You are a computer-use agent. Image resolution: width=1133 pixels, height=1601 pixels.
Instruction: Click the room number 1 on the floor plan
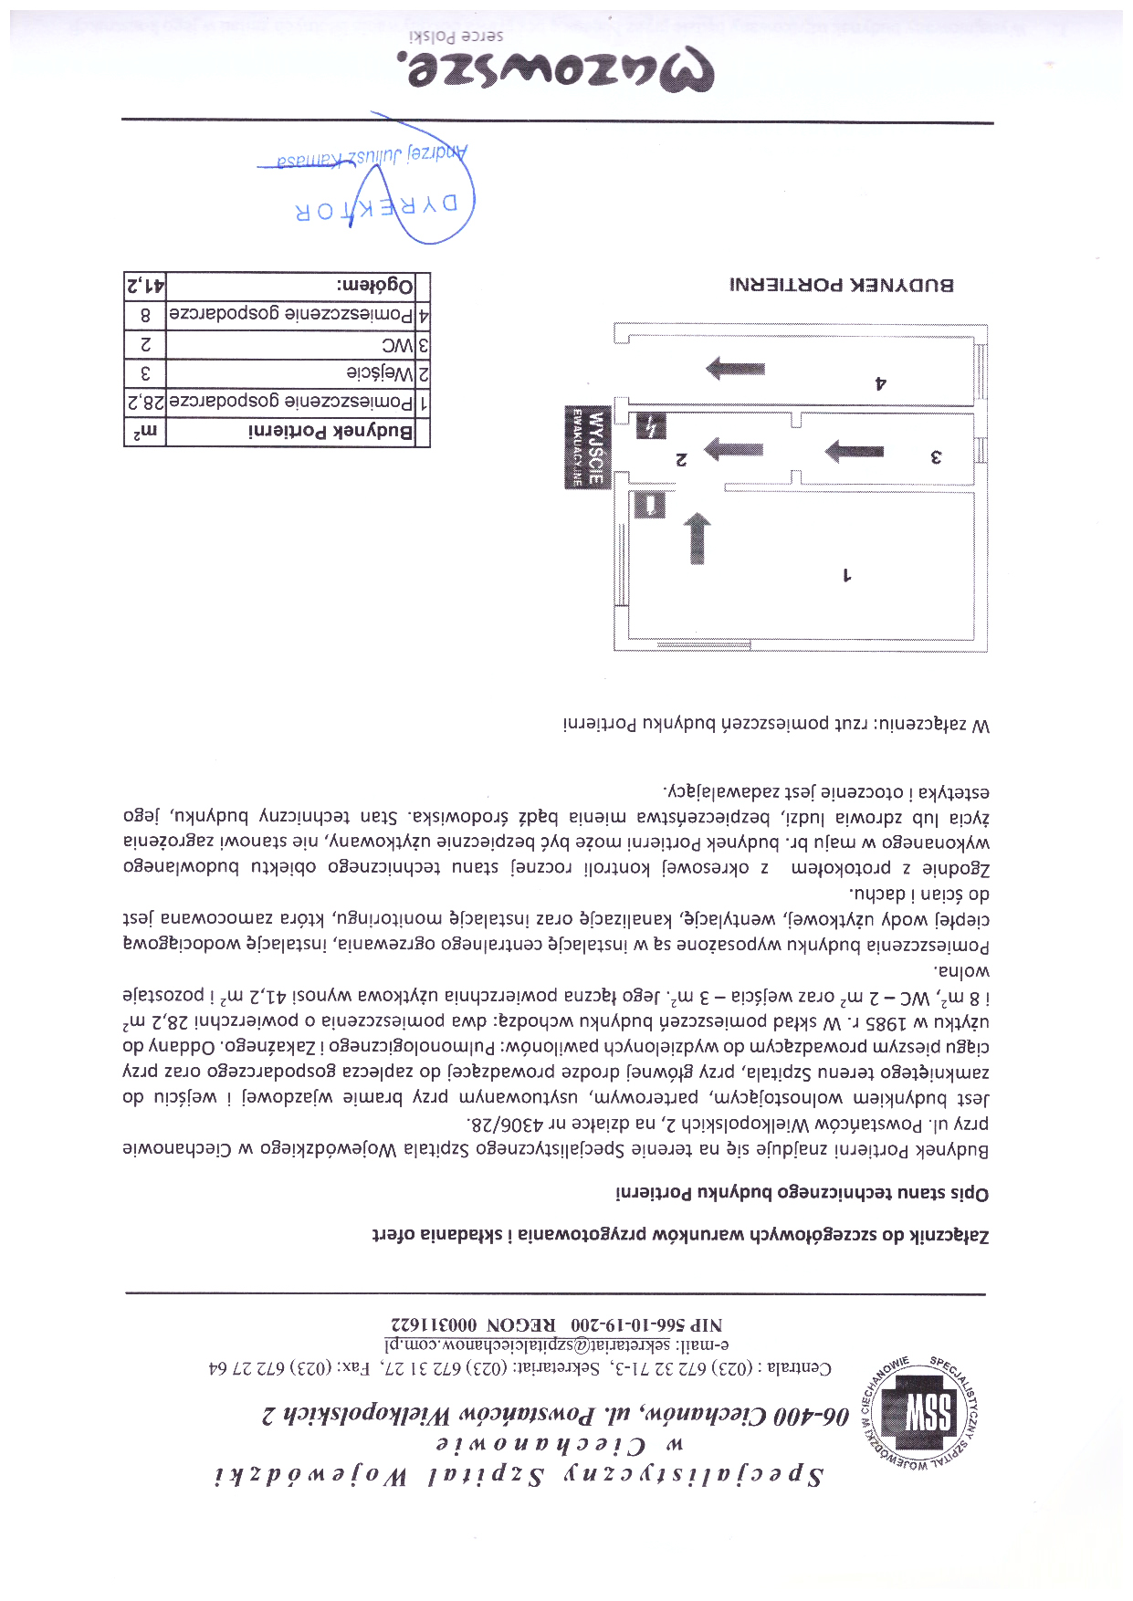click(x=846, y=575)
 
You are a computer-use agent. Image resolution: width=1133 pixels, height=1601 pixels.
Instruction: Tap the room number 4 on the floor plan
click(x=880, y=383)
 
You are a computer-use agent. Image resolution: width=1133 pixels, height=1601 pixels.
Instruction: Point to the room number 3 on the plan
click(x=935, y=456)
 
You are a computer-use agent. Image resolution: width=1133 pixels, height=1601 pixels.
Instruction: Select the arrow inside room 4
click(x=735, y=369)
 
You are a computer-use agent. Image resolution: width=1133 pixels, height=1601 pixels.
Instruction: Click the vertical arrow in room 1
click(x=697, y=539)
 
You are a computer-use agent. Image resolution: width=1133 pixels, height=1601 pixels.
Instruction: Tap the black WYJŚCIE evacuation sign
click(x=586, y=447)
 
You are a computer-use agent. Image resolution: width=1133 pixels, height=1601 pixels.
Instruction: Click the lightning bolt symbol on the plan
click(x=651, y=425)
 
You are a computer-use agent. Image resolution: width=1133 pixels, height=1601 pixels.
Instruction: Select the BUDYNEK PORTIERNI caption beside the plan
click(x=841, y=284)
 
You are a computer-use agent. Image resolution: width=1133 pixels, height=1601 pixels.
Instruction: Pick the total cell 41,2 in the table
click(x=145, y=286)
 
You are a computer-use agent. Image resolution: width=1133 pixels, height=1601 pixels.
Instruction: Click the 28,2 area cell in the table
click(x=145, y=402)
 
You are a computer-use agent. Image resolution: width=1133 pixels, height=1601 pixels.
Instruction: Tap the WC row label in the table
click(x=397, y=345)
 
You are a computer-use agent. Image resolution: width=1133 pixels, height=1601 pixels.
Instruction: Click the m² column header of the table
click(x=145, y=432)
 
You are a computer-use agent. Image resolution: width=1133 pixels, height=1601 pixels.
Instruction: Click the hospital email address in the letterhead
click(x=557, y=1344)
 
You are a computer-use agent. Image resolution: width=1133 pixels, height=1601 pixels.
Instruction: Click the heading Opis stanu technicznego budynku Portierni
click(x=802, y=1193)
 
